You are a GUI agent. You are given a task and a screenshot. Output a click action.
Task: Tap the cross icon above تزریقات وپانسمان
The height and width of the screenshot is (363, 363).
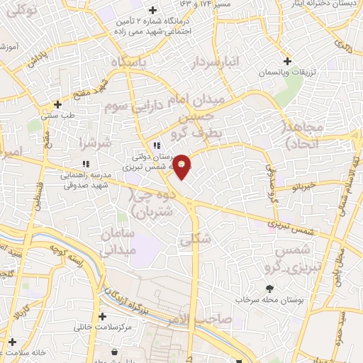(287, 61)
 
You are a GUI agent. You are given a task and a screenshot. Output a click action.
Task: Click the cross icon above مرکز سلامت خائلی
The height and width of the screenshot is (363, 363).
(104, 317)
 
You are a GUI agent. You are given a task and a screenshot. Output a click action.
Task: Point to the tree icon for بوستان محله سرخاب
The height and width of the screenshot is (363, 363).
(269, 289)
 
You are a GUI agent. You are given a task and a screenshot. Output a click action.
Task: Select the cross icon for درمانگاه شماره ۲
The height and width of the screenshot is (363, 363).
(152, 10)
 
